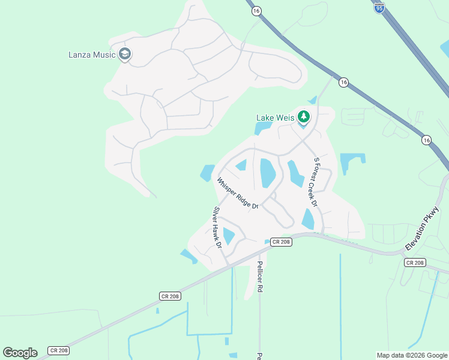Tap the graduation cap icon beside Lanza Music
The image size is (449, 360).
[x=125, y=55]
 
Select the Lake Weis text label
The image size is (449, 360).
[x=275, y=118]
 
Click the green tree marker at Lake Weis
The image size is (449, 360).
[x=304, y=116]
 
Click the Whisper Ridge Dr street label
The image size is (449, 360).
[x=237, y=193]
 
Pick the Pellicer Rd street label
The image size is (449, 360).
[x=259, y=276]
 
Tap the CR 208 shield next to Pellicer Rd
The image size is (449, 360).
[x=280, y=242]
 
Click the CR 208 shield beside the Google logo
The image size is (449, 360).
[x=58, y=350]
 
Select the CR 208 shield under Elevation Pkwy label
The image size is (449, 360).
[x=414, y=262]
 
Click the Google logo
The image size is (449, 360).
[x=20, y=352]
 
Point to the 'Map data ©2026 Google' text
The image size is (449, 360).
[x=412, y=355]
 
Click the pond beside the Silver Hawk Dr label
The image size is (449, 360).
[x=229, y=236]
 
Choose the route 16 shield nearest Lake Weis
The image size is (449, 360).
[x=343, y=82]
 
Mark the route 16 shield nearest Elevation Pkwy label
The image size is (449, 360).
[x=426, y=140]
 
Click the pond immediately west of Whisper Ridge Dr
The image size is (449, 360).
[x=207, y=173]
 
